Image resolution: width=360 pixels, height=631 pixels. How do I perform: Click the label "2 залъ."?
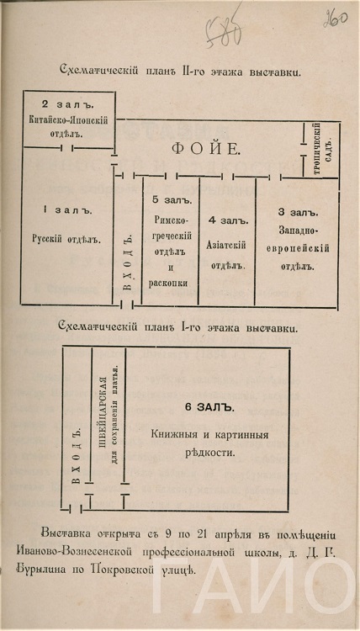(x=67, y=105)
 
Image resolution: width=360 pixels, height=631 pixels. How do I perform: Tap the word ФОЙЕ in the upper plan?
(x=205, y=149)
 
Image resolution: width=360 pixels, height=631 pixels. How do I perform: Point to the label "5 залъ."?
(x=172, y=199)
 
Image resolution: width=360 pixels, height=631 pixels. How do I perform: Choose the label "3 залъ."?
(x=298, y=212)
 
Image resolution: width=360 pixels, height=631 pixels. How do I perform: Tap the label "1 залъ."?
(x=67, y=210)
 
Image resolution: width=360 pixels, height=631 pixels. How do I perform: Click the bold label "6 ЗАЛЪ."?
(x=209, y=407)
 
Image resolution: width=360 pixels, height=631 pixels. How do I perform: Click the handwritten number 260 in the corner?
(x=336, y=18)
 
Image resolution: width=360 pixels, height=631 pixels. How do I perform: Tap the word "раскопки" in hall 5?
(x=168, y=283)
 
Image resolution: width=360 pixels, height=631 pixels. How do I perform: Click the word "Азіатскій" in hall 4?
(x=226, y=246)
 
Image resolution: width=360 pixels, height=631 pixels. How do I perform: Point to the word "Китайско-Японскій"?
(x=68, y=120)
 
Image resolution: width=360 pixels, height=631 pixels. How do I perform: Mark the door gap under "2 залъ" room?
(x=66, y=148)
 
